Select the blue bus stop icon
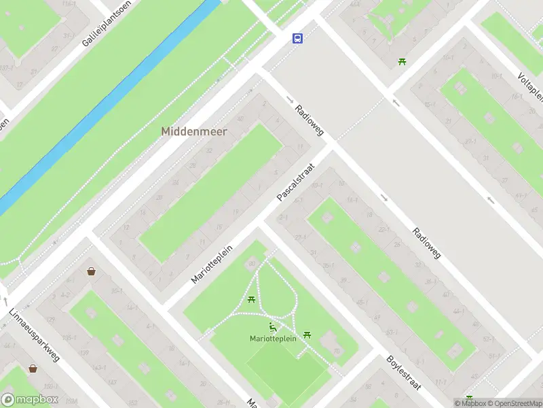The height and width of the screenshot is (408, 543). pyautogui.click(x=297, y=38)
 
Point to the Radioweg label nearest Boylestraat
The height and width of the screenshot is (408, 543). pyautogui.click(x=426, y=243)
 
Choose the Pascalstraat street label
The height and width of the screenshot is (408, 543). pyautogui.click(x=297, y=181)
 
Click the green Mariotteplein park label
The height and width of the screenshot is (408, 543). pyautogui.click(x=273, y=339)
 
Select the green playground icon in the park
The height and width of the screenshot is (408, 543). pyautogui.click(x=273, y=327)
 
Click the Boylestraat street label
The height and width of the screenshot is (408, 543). pyautogui.click(x=404, y=372)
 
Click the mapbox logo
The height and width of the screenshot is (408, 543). pyautogui.click(x=30, y=399)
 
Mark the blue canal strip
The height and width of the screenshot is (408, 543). pyautogui.click(x=109, y=102)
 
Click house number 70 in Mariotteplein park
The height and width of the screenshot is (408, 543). pyautogui.click(x=337, y=351)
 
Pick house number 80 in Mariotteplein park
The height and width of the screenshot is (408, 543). pyautogui.click(x=252, y=264)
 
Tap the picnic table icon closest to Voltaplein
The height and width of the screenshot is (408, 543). pyautogui.click(x=402, y=62)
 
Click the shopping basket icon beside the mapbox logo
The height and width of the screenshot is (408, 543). pyautogui.click(x=33, y=369)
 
